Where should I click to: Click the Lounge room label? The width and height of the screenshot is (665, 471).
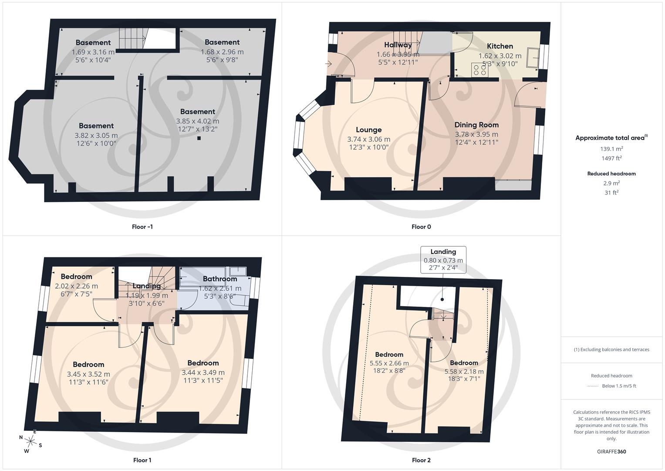click(x=368, y=130)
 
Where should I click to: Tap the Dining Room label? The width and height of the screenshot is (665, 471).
click(x=476, y=125)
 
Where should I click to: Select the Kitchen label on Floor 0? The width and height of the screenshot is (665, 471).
click(x=500, y=46)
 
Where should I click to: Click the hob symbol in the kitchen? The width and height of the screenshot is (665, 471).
click(x=479, y=70)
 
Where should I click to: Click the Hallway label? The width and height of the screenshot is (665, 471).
click(x=398, y=45)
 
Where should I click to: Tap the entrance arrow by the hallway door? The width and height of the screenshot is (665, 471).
click(x=328, y=64)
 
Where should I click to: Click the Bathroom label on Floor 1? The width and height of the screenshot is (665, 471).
click(x=220, y=279)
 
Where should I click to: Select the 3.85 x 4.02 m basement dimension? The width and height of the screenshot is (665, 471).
click(x=197, y=121)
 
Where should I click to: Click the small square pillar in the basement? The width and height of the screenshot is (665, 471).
click(x=199, y=138)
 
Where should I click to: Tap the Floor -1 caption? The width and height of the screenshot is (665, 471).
click(x=142, y=227)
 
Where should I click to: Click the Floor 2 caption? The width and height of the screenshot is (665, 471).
click(x=421, y=460)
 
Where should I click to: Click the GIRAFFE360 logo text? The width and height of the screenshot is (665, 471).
click(x=611, y=451)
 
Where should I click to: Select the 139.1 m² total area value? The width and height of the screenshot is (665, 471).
click(x=611, y=149)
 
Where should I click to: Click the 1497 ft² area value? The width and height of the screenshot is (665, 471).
click(x=611, y=158)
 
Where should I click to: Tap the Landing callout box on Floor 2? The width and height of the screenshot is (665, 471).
click(x=443, y=260)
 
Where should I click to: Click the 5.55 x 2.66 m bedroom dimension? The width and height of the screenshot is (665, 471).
click(x=389, y=363)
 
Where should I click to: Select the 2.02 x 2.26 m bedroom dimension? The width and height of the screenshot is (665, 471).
click(x=76, y=287)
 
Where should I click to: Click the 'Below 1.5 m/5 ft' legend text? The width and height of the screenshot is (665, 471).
click(x=619, y=386)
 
